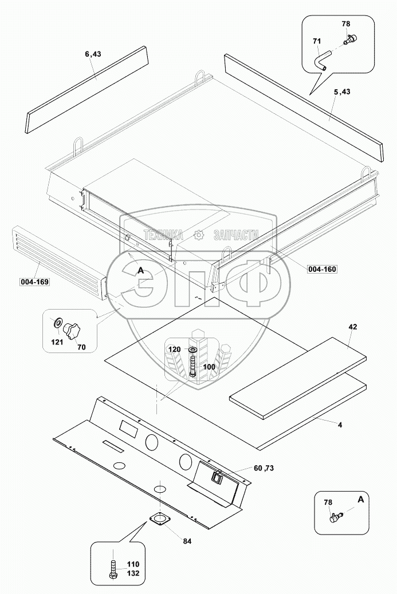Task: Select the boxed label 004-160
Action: (x=322, y=269)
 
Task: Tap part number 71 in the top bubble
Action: (x=317, y=41)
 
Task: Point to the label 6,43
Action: (x=93, y=54)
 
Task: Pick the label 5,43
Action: (x=343, y=92)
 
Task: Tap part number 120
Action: (x=174, y=349)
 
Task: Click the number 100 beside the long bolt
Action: (x=209, y=367)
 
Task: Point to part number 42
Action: (x=353, y=327)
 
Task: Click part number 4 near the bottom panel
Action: (x=340, y=425)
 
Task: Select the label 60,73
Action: (x=264, y=468)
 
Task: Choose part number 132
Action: (x=133, y=573)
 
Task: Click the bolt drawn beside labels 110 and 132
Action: (x=113, y=569)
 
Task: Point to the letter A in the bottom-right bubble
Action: (x=361, y=500)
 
